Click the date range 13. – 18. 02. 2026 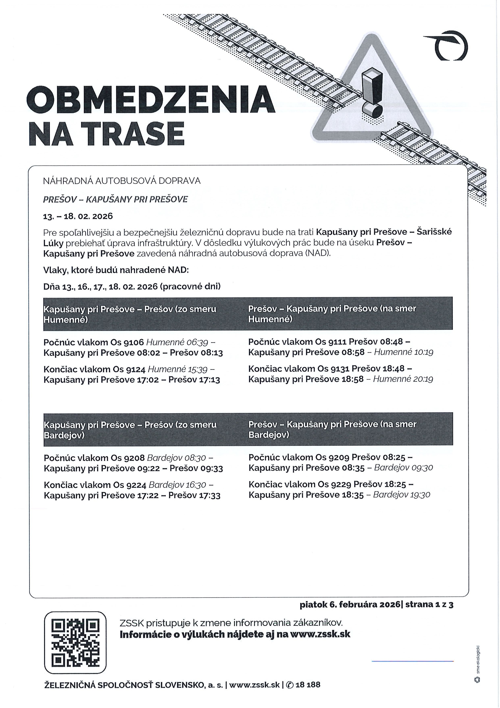pos(78,216)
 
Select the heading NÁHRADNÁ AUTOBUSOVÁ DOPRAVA pos(122,181)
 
